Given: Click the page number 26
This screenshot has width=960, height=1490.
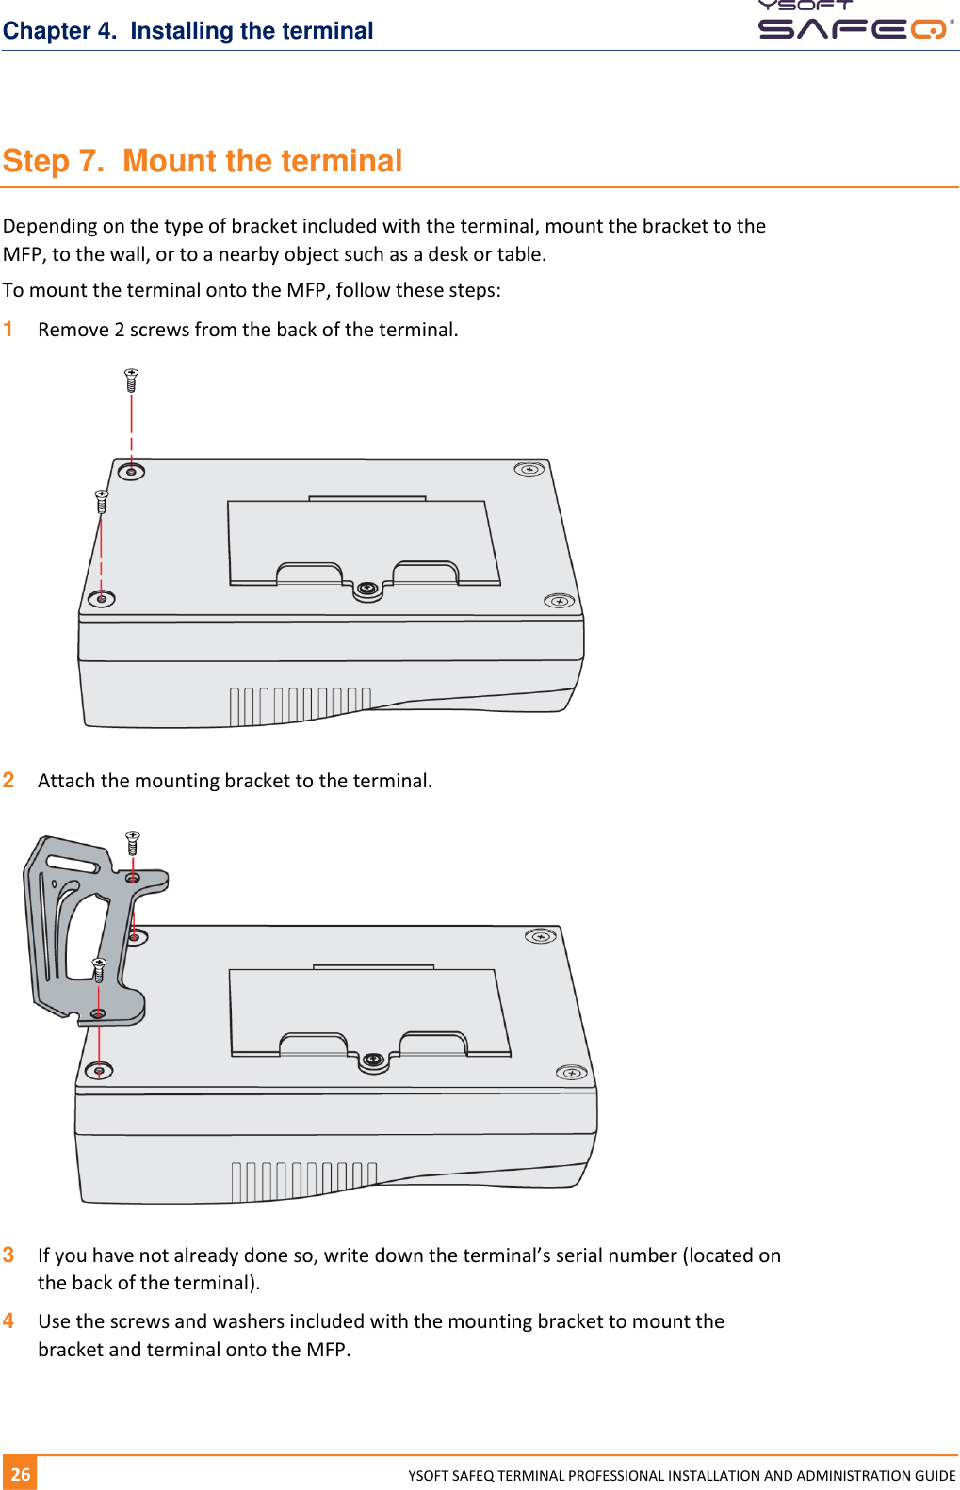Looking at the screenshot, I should click(x=21, y=1474).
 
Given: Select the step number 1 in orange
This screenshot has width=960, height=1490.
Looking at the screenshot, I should click(x=8, y=330).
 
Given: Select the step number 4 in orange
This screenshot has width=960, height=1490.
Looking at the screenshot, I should click(x=8, y=1321).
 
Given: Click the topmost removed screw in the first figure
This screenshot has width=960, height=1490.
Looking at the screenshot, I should click(x=132, y=380).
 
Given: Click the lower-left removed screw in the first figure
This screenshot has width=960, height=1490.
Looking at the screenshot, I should click(x=102, y=501).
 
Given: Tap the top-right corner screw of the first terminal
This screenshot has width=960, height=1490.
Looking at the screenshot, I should click(x=529, y=469).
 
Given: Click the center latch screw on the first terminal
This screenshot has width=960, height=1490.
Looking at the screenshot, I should click(x=367, y=589).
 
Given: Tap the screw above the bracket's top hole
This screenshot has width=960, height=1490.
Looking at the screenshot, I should click(x=133, y=841).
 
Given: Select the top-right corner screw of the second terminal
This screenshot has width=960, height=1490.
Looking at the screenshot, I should click(x=540, y=936).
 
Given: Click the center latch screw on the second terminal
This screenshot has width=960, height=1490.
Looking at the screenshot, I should click(x=373, y=1060).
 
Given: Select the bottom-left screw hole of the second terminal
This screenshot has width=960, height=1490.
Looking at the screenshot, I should click(x=99, y=1071).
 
